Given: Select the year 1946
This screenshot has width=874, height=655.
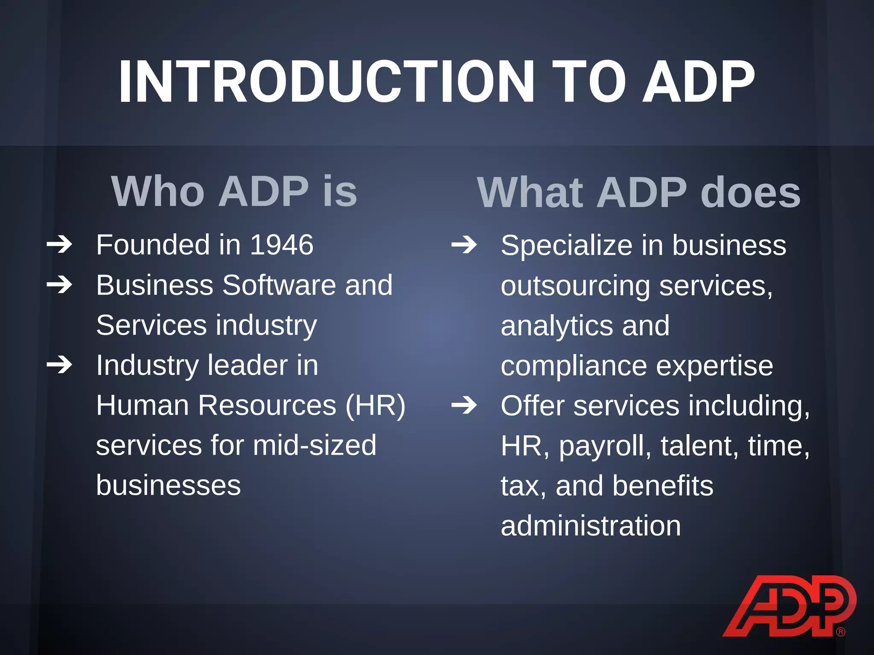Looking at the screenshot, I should coord(282,245).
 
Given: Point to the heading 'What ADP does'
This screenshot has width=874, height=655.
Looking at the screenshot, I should coord(638,193).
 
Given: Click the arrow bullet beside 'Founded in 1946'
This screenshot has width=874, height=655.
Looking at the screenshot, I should coord(59,245).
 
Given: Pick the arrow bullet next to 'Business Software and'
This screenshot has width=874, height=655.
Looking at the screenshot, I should coord(59,284).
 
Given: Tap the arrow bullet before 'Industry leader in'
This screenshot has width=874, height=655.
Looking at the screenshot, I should coord(59,365).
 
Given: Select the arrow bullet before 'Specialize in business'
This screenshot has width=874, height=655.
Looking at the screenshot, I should coord(464,245).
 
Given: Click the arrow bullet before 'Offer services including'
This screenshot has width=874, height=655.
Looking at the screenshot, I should coord(464,405).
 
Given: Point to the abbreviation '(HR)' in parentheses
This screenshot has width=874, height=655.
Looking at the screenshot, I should coord(376,405).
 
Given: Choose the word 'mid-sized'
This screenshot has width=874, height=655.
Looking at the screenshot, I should coord(315,445).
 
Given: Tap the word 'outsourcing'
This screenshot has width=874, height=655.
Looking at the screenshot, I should coord(575,286).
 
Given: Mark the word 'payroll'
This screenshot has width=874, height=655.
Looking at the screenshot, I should coord(605,446).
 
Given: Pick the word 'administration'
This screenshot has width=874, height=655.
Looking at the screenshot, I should coord(591,526).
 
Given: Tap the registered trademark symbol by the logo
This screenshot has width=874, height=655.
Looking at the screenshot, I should coord(841,632).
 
